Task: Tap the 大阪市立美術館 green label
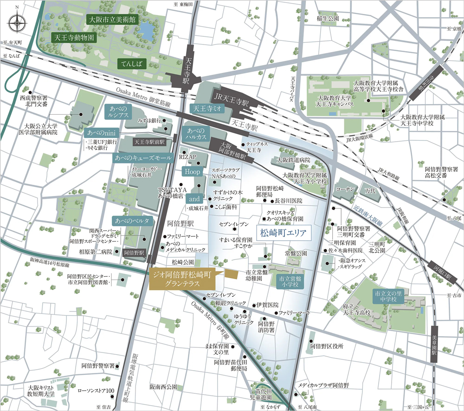click(x=112, y=20)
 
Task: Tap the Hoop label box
click(x=192, y=172)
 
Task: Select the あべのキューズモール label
click(x=143, y=158)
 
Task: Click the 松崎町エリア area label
click(x=283, y=232)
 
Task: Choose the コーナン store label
click(x=347, y=190)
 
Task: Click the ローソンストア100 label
click(x=96, y=391)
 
